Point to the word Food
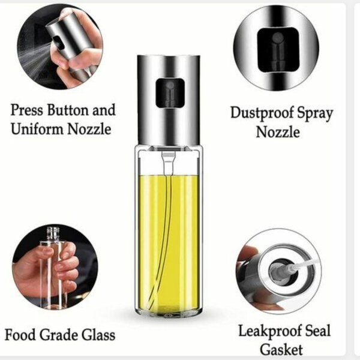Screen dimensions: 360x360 pyautogui.click(x=23, y=334)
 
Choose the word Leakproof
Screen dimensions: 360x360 pyautogui.click(x=268, y=331)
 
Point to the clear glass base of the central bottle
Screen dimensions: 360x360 pyautogui.click(x=169, y=303)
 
